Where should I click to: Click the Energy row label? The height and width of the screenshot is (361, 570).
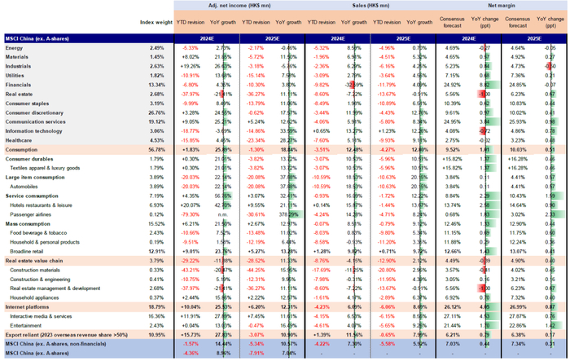click(x=17, y=49)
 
